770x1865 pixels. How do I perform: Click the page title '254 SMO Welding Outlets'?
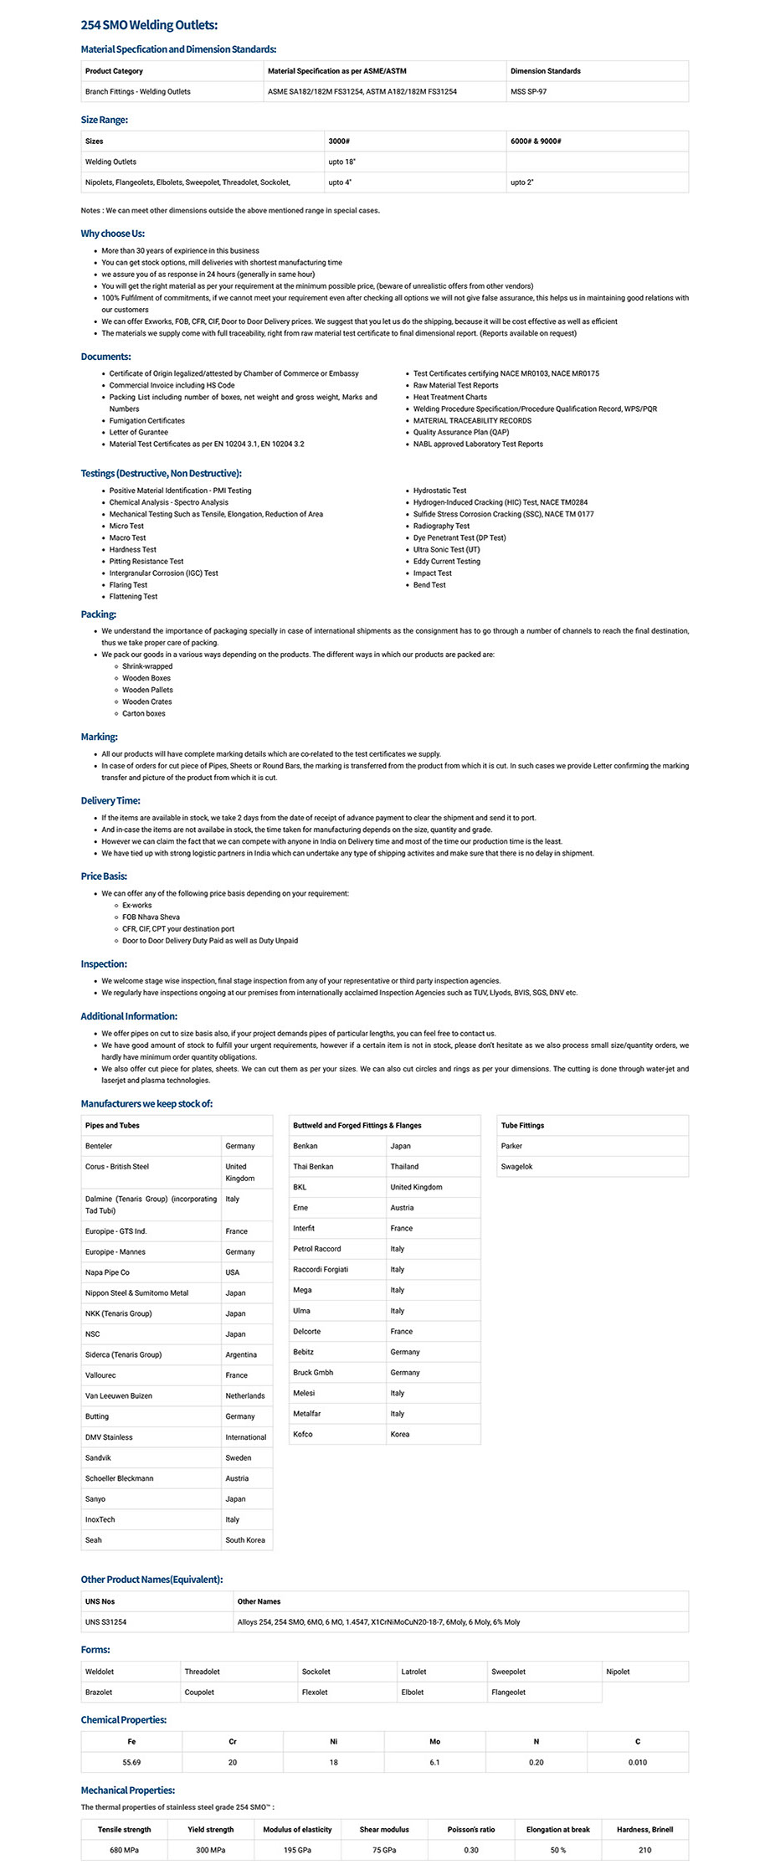pyautogui.click(x=149, y=26)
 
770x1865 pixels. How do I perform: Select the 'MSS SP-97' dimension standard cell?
pyautogui.click(x=528, y=91)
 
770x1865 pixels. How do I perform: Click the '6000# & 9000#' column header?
pyautogui.click(x=536, y=141)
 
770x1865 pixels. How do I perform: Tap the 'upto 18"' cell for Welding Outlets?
pyautogui.click(x=341, y=162)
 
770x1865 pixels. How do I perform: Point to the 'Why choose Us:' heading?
pyautogui.click(x=113, y=234)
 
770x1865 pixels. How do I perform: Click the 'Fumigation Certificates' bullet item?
pyautogui.click(x=147, y=421)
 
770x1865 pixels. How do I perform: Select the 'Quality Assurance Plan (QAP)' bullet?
pyautogui.click(x=461, y=433)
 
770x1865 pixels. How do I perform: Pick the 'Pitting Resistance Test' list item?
pyautogui.click(x=146, y=562)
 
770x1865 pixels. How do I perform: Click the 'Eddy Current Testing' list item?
pyautogui.click(x=447, y=562)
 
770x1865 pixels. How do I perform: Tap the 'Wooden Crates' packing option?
pyautogui.click(x=147, y=702)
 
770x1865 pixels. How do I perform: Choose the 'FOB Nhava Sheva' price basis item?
pyautogui.click(x=151, y=917)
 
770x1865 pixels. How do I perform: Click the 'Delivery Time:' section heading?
pyautogui.click(x=110, y=801)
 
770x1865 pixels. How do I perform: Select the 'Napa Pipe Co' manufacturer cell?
pyautogui.click(x=107, y=1272)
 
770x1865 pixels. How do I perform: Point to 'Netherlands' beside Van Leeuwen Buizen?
pyautogui.click(x=245, y=1396)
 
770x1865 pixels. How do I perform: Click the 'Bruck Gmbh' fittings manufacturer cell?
pyautogui.click(x=313, y=1373)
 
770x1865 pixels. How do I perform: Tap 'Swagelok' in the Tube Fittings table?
pyautogui.click(x=517, y=1167)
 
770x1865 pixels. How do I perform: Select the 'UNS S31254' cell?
pyautogui.click(x=106, y=1622)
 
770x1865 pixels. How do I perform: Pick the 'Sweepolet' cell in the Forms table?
pyautogui.click(x=508, y=1672)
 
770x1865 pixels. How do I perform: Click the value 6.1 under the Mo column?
pyautogui.click(x=434, y=1762)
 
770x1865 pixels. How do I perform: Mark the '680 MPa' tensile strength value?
pyautogui.click(x=125, y=1850)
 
